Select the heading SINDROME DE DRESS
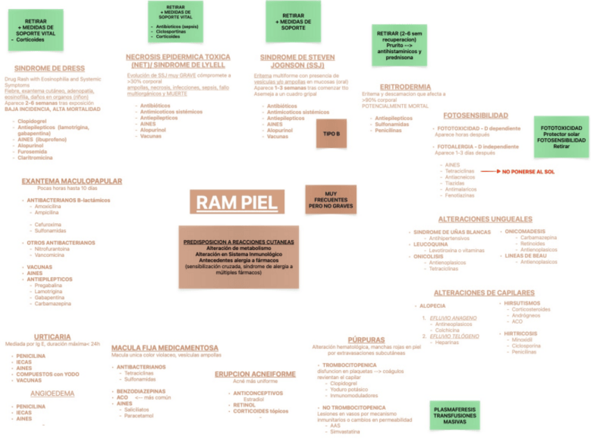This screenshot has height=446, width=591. click(49, 68)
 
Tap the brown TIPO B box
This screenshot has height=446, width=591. click(332, 133)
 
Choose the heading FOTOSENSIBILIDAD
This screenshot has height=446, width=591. click(475, 115)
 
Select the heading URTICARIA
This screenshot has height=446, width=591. click(52, 336)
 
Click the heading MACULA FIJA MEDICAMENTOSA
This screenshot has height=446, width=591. click(164, 347)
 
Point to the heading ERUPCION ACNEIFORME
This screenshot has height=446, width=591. click(255, 374)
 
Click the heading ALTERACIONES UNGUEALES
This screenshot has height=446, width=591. click(485, 218)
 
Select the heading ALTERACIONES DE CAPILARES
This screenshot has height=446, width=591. click(484, 292)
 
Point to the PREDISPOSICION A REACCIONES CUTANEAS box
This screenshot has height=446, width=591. click(238, 257)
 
